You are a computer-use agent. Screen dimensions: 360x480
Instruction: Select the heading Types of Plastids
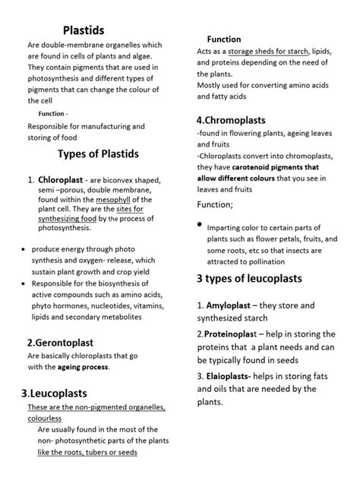(x=99, y=153)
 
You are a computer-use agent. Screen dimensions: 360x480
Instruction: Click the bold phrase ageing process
(x=84, y=366)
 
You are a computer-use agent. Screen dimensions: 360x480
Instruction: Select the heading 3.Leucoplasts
(x=65, y=393)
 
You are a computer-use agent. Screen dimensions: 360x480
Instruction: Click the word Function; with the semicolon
(x=215, y=204)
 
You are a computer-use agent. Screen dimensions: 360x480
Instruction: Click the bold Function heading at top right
(x=224, y=39)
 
